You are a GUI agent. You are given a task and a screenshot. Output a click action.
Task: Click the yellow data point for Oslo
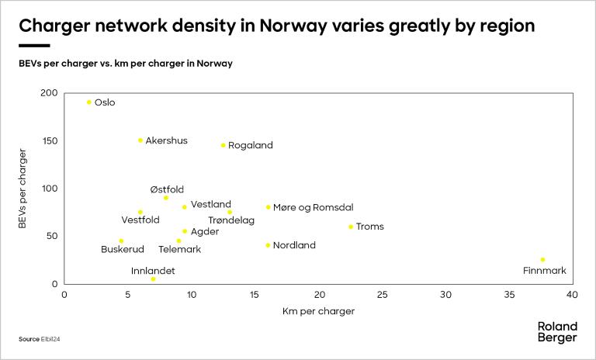point(89,102)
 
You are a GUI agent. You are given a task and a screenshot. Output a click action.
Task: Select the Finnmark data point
point(542,260)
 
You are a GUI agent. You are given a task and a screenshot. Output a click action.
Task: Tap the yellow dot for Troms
point(351,227)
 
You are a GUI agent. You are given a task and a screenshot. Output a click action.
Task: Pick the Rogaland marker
point(223,145)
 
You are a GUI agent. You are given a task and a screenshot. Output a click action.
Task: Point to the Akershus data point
point(140,140)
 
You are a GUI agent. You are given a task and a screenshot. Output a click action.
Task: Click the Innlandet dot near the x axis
point(153,279)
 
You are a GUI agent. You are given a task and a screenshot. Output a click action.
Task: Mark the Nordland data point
point(268,245)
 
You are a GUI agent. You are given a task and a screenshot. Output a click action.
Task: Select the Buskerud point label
point(123,249)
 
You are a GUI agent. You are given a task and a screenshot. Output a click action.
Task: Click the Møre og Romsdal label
point(313,207)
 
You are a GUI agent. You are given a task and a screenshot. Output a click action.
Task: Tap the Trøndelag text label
point(231,220)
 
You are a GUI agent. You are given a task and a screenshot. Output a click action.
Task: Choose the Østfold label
point(167,189)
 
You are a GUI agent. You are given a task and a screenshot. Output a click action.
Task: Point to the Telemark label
point(179,249)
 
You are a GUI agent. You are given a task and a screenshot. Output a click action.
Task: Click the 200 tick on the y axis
point(50,93)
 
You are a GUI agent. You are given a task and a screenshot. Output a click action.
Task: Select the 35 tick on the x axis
point(509,296)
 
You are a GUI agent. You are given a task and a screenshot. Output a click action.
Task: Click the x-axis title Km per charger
point(318,311)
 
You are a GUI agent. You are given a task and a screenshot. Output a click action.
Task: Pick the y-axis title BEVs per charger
point(23,189)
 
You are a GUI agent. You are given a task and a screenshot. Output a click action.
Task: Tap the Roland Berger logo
point(557,332)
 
